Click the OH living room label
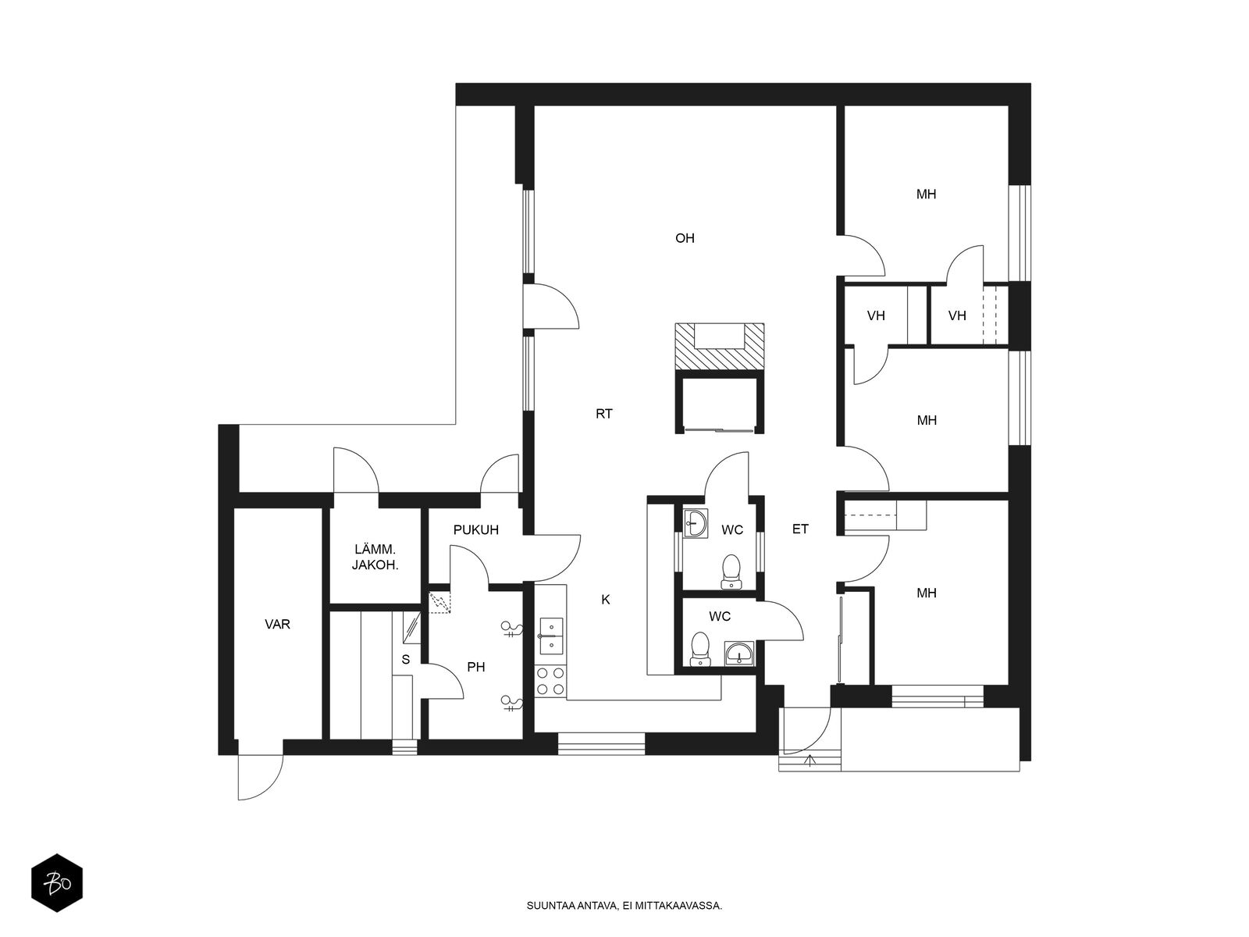685,238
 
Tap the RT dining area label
603,414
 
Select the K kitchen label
606,599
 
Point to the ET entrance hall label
800,529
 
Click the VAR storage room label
278,624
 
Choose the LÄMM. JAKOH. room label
375,558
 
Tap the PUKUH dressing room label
475,529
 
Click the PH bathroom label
475,667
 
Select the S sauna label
406,659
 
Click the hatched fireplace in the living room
719,347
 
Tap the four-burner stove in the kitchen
551,681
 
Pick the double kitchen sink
551,636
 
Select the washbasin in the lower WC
739,653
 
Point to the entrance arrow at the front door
810,760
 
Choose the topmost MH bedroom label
926,194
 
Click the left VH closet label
876,315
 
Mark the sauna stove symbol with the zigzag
439,603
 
